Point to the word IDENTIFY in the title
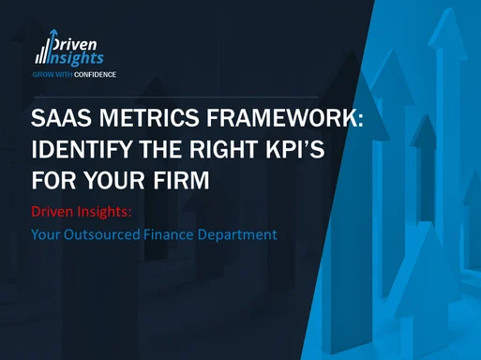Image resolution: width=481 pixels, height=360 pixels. [x=83, y=149]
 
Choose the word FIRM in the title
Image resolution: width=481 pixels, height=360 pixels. [x=181, y=180]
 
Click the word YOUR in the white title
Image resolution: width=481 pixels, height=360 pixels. [x=115, y=180]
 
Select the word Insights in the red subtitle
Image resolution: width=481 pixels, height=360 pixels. [x=104, y=212]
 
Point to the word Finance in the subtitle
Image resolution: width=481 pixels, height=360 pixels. [x=169, y=234]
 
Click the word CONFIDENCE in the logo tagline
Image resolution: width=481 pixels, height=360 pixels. [x=95, y=75]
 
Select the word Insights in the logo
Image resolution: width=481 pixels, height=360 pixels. [x=76, y=59]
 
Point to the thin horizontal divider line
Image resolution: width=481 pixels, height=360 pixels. [x=176, y=97]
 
